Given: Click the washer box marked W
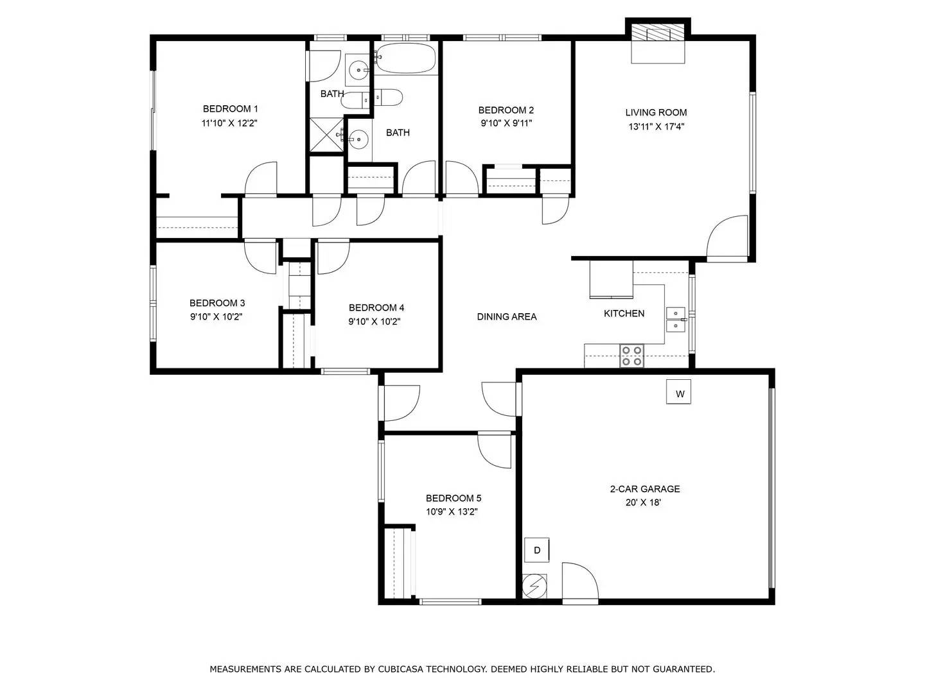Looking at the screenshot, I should coord(680,393).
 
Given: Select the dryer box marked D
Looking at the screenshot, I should coord(537,550).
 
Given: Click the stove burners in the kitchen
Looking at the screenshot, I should coord(631,355).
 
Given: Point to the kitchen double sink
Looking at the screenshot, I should coord(676,319).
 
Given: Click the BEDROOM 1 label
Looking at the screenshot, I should coord(230,109).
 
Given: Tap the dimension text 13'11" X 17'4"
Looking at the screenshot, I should coord(656,126).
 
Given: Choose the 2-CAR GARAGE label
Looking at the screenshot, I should coord(644,489).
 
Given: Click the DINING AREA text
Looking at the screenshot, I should coord(506,316).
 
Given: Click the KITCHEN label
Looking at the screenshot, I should coord(624,313).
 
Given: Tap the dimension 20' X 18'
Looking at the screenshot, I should coord(643,502).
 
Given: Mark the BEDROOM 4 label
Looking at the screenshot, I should coord(376,307).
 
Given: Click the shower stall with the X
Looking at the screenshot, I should coord(327,135).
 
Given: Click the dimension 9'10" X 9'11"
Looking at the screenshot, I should coord(506,123).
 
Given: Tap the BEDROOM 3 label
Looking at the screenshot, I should coord(217,303).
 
